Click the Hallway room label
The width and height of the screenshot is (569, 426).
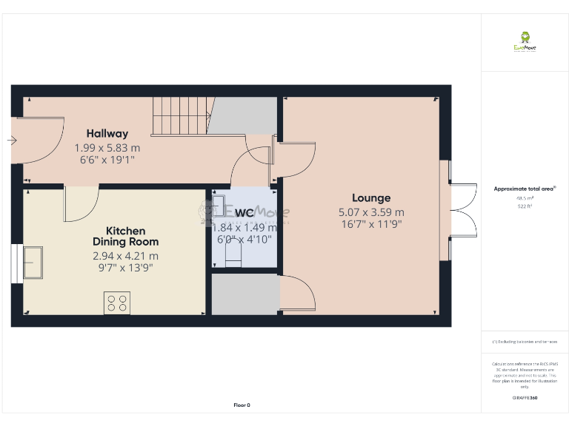pos(107,134)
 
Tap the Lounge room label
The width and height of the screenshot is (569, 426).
pos(371,198)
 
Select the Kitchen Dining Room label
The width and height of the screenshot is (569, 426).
pos(125,237)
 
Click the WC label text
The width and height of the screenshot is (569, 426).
pos(245,214)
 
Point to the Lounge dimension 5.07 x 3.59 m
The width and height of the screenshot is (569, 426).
pos(371,212)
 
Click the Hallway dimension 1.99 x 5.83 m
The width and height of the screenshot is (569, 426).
pos(107,148)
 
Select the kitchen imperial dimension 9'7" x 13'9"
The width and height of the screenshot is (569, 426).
pos(125,268)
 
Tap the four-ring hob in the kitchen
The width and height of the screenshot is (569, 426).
pos(117,303)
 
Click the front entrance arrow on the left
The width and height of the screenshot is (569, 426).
pos(12,140)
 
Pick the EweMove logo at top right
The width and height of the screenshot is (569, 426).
pos(525,41)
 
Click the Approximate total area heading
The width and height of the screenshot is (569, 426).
pos(525,189)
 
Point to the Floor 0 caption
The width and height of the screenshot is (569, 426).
pos(242,405)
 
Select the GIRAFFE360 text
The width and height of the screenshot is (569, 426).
pos(525,398)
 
